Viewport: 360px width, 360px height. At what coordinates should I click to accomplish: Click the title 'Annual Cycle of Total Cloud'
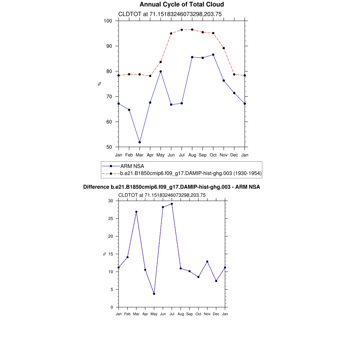[181, 5]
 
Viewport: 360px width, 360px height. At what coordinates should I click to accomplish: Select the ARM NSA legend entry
[132, 166]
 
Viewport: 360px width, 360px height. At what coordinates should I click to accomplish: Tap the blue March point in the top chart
[140, 142]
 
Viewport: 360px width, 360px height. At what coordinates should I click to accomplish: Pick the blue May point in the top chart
[161, 71]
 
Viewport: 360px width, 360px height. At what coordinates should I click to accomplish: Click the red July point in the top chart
[181, 30]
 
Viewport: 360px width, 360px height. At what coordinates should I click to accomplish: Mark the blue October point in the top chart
[213, 54]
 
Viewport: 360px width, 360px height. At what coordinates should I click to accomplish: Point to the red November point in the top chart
[224, 48]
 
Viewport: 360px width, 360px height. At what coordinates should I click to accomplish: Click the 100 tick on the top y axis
[108, 21]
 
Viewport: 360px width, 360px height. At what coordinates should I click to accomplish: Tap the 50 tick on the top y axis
[109, 147]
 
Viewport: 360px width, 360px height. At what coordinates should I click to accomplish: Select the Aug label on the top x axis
[192, 155]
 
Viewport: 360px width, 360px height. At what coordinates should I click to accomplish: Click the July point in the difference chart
[172, 204]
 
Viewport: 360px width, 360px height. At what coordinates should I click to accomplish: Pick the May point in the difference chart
[154, 294]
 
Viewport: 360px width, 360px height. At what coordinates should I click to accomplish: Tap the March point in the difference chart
[136, 212]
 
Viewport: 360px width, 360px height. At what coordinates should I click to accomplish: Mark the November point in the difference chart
[207, 262]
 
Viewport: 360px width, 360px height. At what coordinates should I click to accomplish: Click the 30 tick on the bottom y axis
[111, 201]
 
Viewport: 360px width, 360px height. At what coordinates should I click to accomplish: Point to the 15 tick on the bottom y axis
[111, 254]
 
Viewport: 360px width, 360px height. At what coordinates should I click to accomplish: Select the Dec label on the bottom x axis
[216, 314]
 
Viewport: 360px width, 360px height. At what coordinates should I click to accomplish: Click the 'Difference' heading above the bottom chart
[172, 187]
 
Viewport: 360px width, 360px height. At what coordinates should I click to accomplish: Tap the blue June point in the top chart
[171, 104]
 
